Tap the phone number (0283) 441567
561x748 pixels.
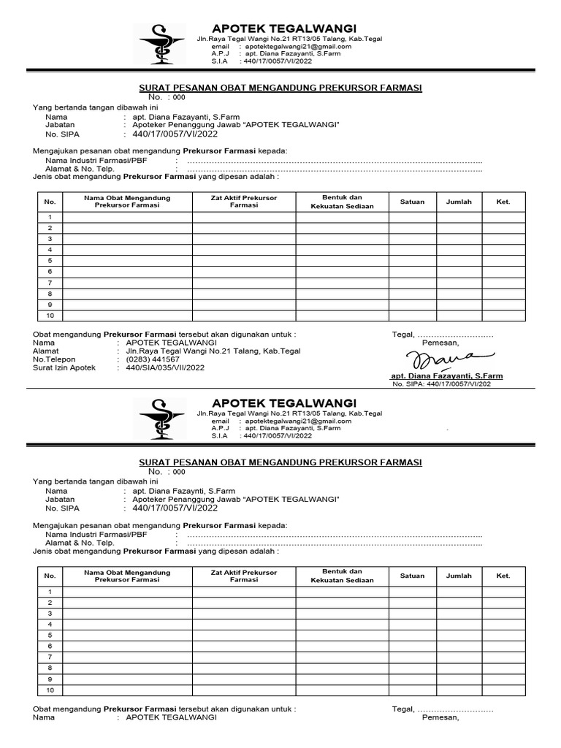(x=152, y=359)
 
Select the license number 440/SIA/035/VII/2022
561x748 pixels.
(x=165, y=368)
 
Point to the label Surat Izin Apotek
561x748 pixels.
(x=64, y=368)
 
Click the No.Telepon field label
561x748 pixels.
(x=54, y=359)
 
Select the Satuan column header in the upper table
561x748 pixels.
(x=412, y=202)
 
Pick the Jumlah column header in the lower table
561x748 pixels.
(x=459, y=576)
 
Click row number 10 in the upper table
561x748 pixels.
(x=50, y=316)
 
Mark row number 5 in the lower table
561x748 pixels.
(x=50, y=636)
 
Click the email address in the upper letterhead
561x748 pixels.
(x=298, y=46)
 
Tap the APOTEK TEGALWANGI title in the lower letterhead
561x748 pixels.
(x=283, y=403)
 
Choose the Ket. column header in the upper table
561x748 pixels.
(x=503, y=202)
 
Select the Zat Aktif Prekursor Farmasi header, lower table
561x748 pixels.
(x=244, y=576)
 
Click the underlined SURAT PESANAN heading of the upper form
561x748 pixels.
(x=280, y=88)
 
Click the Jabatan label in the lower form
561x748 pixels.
(x=60, y=499)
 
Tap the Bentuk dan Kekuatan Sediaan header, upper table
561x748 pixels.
(x=342, y=202)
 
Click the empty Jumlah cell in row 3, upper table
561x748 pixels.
(x=459, y=239)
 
